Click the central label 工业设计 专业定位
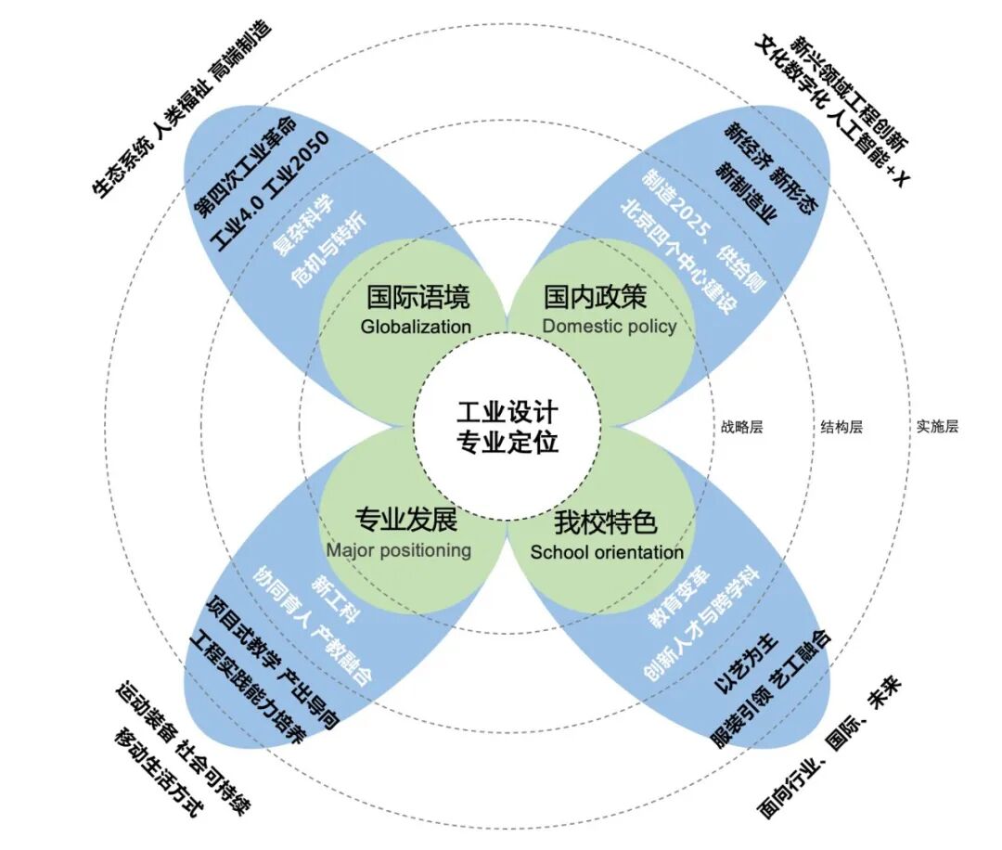pos(507,426)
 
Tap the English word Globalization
pos(417,327)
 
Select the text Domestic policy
pos(609,327)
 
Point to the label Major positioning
pos(398,550)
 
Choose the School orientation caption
pos(607,552)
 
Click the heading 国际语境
pos(417,298)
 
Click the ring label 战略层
pos(741,428)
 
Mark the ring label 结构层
pos(841,428)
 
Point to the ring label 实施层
pos(937,428)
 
